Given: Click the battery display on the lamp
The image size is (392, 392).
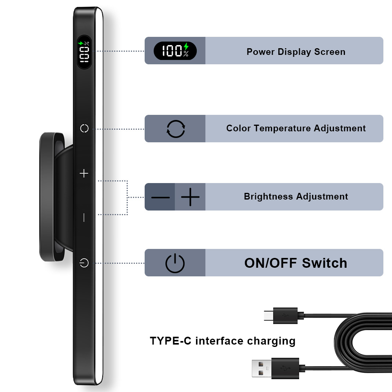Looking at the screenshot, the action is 84,52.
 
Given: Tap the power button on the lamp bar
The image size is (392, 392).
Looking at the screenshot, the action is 84,263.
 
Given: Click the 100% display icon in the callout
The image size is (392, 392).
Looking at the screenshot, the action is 175,51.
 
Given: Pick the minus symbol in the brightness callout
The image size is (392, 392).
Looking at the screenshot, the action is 160,197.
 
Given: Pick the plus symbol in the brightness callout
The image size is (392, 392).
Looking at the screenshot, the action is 190,197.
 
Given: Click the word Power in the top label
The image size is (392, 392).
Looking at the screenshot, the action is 261,52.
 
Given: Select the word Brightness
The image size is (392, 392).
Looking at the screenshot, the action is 268,196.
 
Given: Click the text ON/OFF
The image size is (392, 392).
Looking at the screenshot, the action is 270,263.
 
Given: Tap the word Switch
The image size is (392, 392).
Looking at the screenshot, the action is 325,263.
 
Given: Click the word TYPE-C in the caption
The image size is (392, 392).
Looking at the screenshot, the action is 171,341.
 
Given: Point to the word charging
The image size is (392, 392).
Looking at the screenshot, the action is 271,341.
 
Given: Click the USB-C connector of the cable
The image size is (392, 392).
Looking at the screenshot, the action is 269,316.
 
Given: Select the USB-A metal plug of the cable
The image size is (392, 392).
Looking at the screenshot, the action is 261,368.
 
